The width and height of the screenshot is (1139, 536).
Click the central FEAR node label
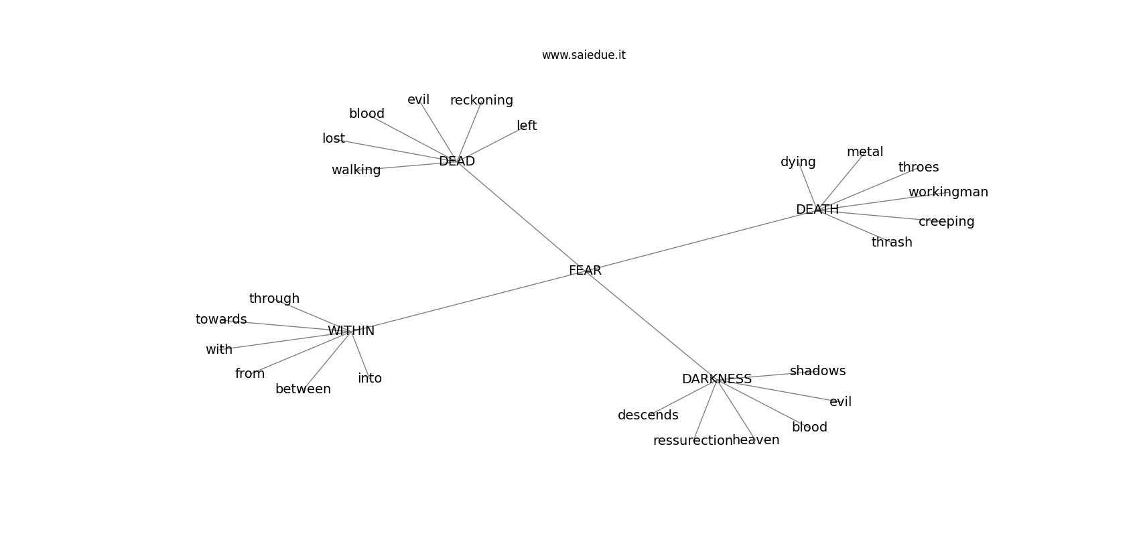(x=585, y=271)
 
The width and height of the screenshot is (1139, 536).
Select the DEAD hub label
(x=457, y=161)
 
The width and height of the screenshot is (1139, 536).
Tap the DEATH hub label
(x=817, y=210)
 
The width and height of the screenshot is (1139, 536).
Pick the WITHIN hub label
(x=351, y=331)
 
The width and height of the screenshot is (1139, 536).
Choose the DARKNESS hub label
(x=716, y=379)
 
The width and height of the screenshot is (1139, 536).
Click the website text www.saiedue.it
(x=584, y=55)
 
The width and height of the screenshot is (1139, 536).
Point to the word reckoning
(x=482, y=100)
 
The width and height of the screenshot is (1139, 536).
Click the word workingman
(x=948, y=192)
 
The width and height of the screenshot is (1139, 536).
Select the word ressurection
(x=693, y=441)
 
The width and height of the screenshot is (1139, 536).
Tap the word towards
(x=221, y=320)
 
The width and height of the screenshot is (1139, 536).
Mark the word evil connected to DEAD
(x=419, y=100)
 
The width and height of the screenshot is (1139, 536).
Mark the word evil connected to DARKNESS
(x=841, y=402)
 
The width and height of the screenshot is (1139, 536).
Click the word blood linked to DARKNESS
(x=809, y=427)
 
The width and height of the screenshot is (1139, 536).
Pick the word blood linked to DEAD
(x=366, y=113)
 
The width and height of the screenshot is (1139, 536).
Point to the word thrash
(x=892, y=243)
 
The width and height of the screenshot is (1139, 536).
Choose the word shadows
(x=817, y=371)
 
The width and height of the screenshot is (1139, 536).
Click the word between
(x=303, y=389)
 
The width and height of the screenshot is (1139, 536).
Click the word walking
(x=356, y=170)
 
